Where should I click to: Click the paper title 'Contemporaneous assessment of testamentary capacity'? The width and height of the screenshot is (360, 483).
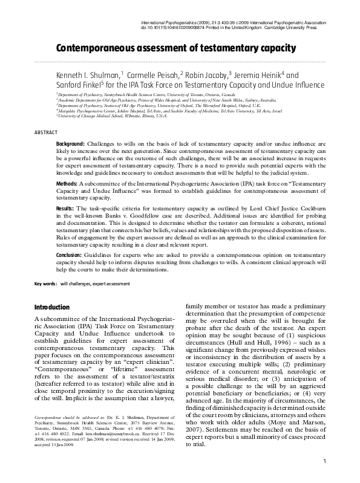(x=175, y=48)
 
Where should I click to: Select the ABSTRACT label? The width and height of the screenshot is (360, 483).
(x=46, y=132)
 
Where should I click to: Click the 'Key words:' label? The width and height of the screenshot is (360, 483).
(x=45, y=284)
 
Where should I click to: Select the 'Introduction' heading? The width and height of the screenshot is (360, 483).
(x=52, y=307)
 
